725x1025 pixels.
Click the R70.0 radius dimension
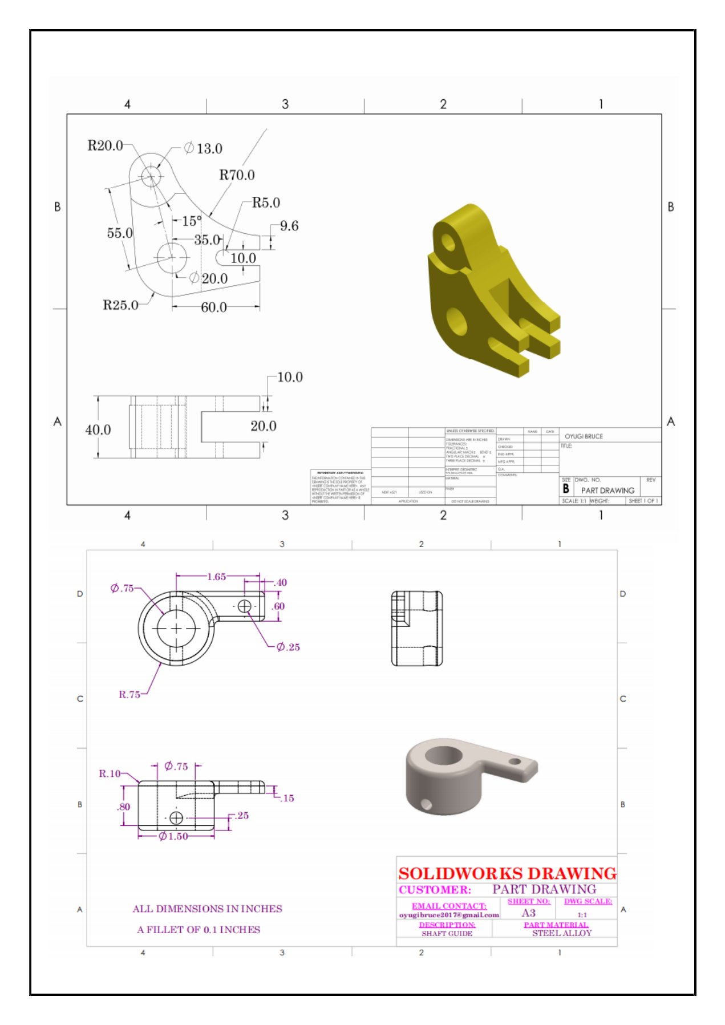point(237,175)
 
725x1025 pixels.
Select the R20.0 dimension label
point(105,145)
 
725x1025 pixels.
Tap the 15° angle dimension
point(192,221)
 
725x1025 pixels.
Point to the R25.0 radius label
point(120,305)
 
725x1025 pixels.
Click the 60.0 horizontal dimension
point(214,307)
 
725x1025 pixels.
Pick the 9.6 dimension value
point(289,226)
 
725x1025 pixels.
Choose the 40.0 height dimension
point(98,430)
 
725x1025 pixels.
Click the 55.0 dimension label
point(120,233)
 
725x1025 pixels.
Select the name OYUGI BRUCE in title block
point(584,436)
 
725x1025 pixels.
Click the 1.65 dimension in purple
point(216,577)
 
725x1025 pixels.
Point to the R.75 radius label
point(129,694)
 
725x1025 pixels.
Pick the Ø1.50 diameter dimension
point(173,836)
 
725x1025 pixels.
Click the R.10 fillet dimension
point(110,773)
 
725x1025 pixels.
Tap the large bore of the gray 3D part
point(443,756)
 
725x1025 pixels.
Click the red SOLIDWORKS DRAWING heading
point(507,873)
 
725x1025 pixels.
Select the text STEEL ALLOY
point(562,933)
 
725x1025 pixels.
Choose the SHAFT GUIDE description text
point(447,933)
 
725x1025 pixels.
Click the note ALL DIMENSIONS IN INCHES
point(207,909)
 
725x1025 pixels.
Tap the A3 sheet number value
point(529,913)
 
